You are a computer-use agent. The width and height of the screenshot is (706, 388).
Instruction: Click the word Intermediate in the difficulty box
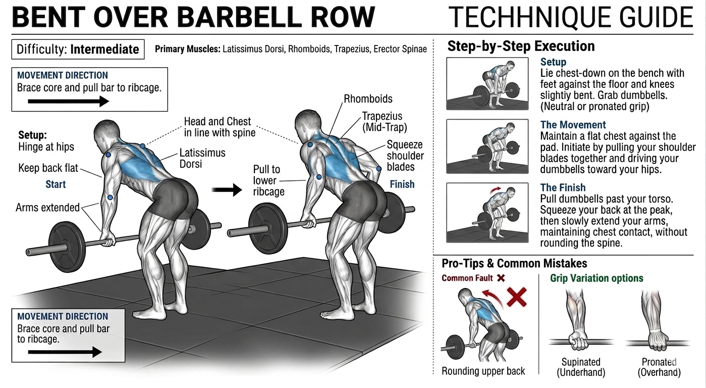tap(104, 49)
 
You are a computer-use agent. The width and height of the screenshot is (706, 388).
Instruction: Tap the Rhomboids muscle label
tap(368, 99)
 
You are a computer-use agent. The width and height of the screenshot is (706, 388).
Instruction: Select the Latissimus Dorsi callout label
tap(202, 158)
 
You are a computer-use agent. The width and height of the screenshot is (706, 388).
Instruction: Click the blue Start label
tap(56, 184)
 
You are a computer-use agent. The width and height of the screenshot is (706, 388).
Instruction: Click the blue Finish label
tap(402, 184)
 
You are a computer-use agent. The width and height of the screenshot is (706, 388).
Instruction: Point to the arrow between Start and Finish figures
tap(227, 189)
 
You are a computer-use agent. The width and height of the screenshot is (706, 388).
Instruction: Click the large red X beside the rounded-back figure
tap(517, 297)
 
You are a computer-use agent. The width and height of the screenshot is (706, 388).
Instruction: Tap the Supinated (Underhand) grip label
tap(581, 367)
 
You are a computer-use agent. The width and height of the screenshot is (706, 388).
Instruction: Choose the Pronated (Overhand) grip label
tap(659, 367)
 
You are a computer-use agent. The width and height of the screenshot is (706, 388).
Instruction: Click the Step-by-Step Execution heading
tap(521, 46)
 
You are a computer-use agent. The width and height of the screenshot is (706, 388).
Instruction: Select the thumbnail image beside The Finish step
tap(487, 213)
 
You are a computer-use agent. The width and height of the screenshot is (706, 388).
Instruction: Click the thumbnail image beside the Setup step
tap(487, 83)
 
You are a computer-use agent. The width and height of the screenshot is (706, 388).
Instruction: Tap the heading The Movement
tap(573, 125)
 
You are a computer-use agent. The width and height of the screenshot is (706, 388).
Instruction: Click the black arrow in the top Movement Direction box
tap(69, 102)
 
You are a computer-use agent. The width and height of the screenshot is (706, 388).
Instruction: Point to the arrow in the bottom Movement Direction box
tap(65, 352)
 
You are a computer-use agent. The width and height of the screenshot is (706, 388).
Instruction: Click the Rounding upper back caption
tap(483, 371)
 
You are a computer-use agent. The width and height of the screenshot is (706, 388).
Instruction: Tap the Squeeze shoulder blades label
tap(405, 156)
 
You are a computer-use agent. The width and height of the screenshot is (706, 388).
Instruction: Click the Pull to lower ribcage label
tap(269, 180)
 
